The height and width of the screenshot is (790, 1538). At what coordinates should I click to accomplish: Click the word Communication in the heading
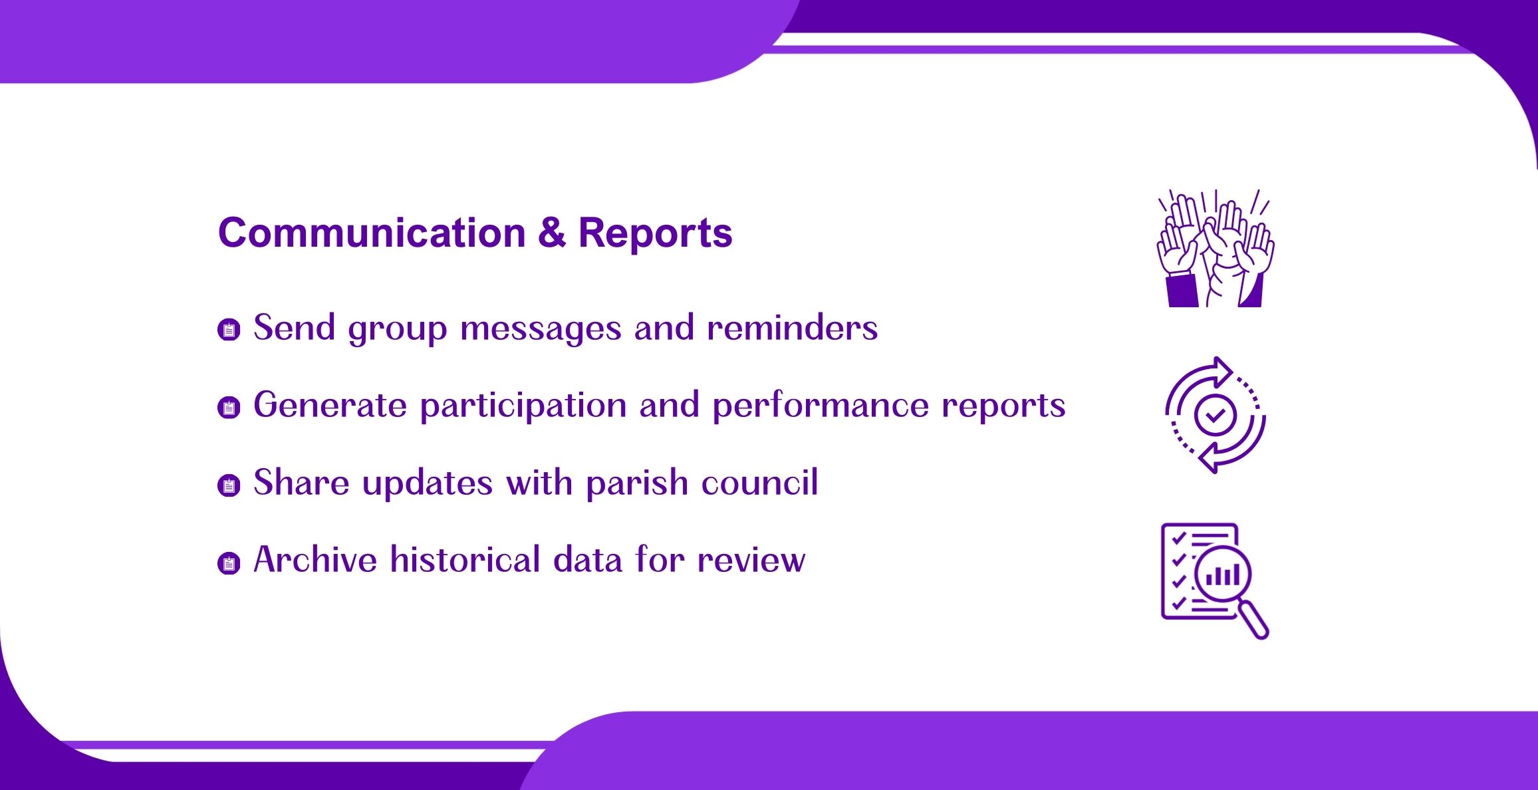372,233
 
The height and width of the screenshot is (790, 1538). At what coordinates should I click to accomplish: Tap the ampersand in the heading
552,233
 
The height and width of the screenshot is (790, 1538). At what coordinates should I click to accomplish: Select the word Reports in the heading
655,233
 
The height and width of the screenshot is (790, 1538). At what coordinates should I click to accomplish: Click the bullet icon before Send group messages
229,329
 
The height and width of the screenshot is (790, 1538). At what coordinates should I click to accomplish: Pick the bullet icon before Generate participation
229,407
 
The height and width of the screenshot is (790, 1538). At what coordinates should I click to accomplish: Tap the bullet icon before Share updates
229,485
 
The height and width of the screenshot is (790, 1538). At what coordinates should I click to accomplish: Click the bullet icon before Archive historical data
229,563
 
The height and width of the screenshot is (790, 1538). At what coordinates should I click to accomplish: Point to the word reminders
792,327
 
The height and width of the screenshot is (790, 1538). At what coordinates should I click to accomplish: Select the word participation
523,406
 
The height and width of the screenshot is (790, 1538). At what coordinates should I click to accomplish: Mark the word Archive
315,559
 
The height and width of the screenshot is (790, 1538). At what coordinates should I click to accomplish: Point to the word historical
465,559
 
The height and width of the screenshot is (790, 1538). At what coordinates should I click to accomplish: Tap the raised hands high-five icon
1216,248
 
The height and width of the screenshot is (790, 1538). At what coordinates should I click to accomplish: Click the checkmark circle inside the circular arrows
1216,415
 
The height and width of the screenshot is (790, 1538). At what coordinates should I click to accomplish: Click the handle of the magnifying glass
1254,620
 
